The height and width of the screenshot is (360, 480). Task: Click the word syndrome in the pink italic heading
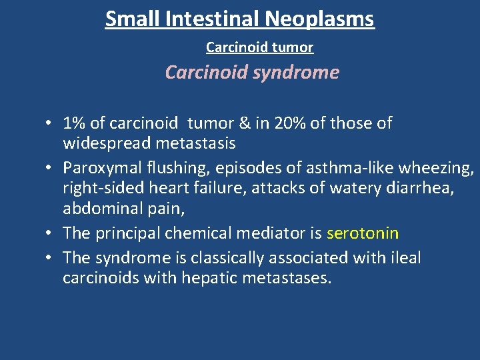click(296, 72)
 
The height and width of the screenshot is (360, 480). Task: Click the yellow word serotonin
click(363, 233)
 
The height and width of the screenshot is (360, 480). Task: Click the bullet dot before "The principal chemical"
click(50, 233)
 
